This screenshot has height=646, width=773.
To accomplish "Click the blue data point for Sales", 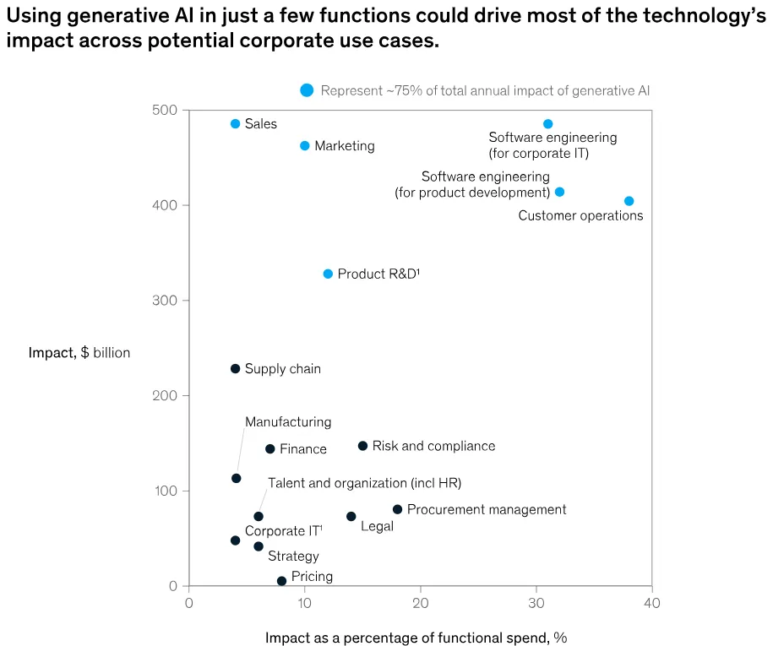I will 235,124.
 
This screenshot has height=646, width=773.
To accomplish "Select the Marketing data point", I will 305,146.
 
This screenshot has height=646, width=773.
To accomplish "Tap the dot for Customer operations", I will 629,201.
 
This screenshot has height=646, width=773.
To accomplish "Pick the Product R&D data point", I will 328,274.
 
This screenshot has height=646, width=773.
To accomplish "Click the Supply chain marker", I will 235,369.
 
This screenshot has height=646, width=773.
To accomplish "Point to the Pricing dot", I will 281,581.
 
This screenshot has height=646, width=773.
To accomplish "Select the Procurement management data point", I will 397,509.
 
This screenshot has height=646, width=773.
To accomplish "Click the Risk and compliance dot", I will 362,446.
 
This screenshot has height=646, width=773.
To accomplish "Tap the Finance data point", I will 270,449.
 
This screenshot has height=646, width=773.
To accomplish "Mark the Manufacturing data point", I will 236,479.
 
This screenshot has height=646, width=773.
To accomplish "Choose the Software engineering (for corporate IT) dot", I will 547,124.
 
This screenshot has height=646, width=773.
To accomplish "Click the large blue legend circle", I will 307,90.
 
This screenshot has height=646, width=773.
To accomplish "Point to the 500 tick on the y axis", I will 165,111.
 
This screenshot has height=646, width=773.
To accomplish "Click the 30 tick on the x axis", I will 536,603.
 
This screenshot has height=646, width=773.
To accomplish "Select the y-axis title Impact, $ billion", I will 79,353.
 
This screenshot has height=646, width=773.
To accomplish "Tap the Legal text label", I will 377,527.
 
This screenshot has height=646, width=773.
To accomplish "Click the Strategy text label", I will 293,556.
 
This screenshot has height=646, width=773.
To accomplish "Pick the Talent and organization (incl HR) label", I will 364,483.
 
